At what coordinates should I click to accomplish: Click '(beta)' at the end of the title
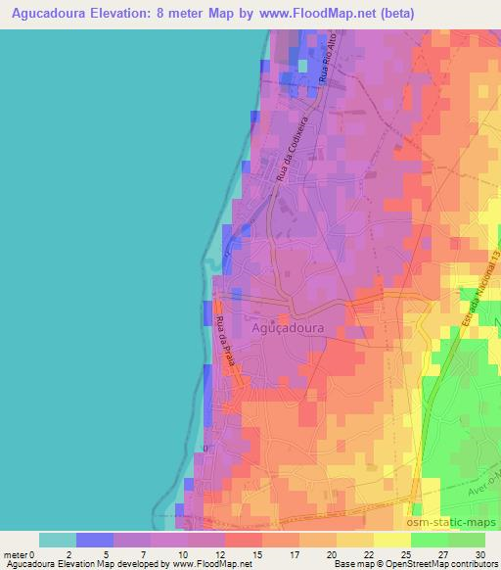[414, 14]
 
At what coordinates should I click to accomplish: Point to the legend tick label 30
[478, 554]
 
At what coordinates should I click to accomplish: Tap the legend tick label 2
[76, 554]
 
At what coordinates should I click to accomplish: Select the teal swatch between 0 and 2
[58, 540]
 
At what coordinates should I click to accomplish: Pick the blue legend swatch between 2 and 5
[95, 540]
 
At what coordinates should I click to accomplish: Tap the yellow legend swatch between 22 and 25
[392, 540]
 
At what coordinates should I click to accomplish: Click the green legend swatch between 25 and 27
[430, 540]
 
